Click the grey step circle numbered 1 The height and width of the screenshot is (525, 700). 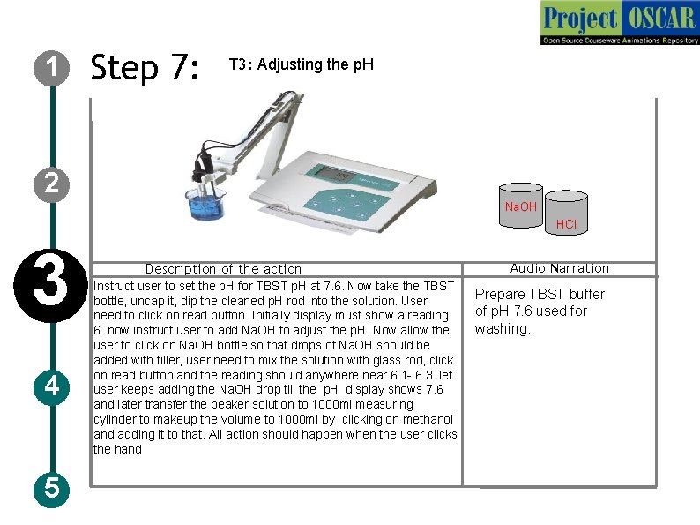52,68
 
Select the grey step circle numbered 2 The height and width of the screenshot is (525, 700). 52,184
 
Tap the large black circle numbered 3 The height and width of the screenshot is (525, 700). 50,286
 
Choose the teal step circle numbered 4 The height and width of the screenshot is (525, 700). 52,387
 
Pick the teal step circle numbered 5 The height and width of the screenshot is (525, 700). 52,489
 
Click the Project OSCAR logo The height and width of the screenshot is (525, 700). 620,23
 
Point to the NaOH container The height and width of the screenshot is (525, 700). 520,206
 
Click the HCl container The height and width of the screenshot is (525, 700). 567,213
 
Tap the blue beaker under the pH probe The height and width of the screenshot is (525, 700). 205,204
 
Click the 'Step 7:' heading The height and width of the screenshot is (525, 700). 145,67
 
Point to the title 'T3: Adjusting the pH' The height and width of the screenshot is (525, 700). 302,64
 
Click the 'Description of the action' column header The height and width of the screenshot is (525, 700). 223,269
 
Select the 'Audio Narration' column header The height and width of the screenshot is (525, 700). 559,268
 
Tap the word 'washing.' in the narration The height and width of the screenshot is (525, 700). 503,329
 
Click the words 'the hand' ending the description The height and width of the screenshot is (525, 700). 117,449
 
